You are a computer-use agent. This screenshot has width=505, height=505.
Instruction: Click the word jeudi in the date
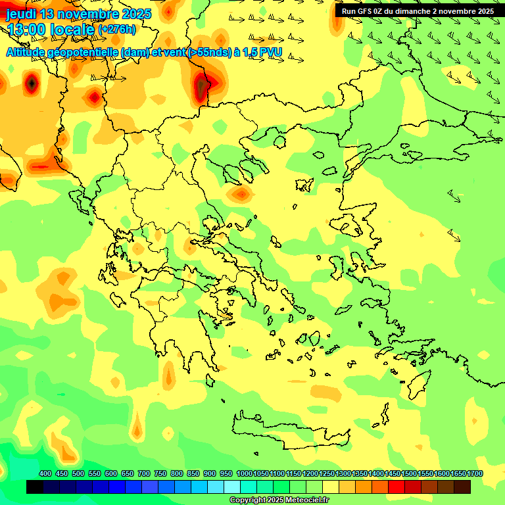[21, 14]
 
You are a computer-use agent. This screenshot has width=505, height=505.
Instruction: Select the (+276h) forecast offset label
[117, 30]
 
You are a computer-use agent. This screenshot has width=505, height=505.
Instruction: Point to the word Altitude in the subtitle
[30, 52]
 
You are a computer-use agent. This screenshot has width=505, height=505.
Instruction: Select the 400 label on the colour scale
[45, 473]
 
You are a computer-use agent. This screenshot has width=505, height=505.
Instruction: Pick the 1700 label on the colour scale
[474, 473]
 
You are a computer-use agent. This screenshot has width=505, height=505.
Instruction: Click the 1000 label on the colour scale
[244, 473]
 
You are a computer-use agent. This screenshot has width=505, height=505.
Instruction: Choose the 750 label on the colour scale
[160, 473]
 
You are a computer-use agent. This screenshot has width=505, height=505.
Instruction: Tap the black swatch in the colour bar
[35, 487]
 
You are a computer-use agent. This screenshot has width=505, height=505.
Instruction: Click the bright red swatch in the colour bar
[397, 487]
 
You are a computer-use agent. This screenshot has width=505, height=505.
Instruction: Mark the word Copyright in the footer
[248, 500]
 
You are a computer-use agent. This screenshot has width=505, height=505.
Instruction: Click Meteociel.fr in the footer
[306, 500]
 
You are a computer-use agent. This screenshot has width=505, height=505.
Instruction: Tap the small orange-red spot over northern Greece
[241, 194]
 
